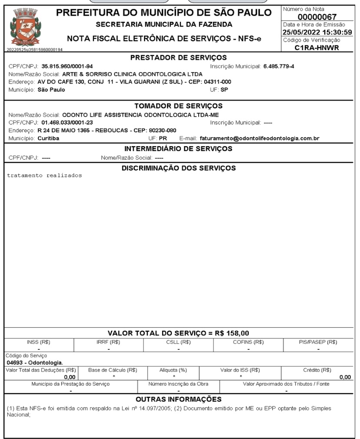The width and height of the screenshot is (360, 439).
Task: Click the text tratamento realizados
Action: pos(44,176)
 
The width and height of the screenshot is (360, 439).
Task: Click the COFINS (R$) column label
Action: pos(248,342)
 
